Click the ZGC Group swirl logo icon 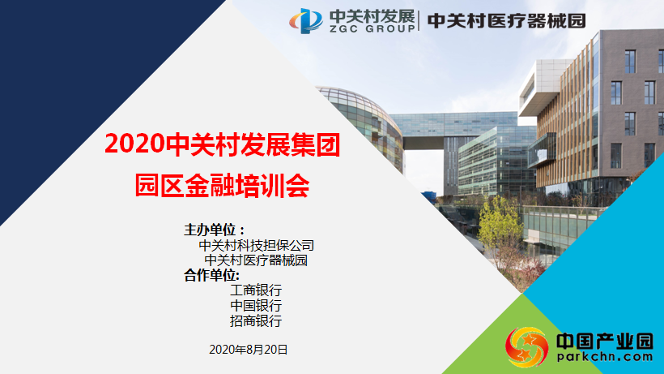click(306, 21)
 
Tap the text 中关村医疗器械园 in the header click(506, 21)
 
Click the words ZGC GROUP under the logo click(372, 29)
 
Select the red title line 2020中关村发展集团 click(223, 144)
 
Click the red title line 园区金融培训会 click(223, 185)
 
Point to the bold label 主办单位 click(214, 230)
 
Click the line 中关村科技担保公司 click(256, 245)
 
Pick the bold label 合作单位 click(211, 275)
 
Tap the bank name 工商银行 click(256, 290)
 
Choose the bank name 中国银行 click(256, 305)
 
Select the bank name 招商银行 click(256, 320)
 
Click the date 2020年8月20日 click(249, 350)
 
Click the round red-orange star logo click(526, 347)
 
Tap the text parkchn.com click(605, 356)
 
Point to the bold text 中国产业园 click(605, 341)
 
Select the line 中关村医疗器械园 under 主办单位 click(256, 260)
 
